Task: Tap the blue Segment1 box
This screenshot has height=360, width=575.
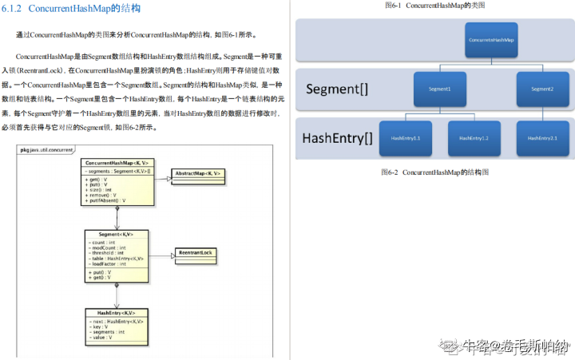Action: tap(439, 89)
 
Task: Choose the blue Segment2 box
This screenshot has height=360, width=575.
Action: tap(541, 89)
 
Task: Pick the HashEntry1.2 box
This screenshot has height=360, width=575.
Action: tap(474, 138)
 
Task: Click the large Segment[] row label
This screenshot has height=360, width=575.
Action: tap(336, 89)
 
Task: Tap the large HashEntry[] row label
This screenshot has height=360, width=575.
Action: tap(337, 138)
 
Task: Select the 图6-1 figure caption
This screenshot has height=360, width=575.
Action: tap(435, 6)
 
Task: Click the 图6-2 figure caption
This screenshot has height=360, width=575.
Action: tap(434, 172)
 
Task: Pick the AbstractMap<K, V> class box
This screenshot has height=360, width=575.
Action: tap(198, 173)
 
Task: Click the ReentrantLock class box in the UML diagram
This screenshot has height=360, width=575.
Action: tap(196, 253)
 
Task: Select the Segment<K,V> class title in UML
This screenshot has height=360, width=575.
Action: tap(116, 234)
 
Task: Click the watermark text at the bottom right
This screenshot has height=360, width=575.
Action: tap(506, 346)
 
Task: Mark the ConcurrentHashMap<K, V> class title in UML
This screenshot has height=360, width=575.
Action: tap(117, 162)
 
